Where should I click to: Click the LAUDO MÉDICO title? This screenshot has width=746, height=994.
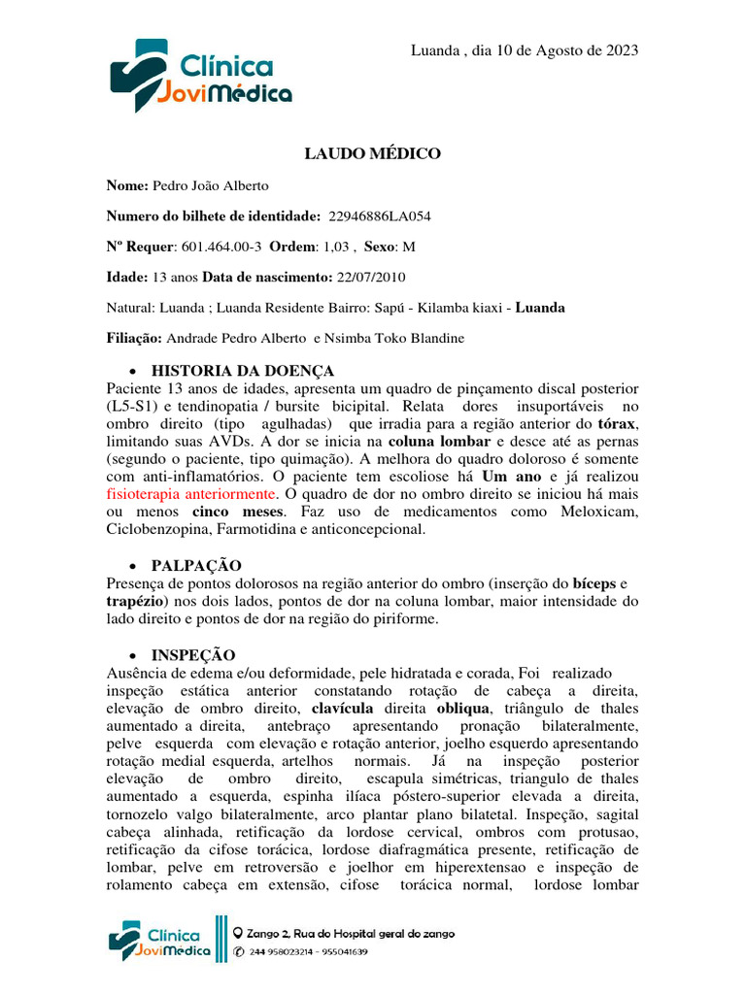[373, 153]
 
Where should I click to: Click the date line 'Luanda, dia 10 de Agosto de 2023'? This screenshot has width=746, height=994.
[525, 50]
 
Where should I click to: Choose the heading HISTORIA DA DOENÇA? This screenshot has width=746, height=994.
[243, 371]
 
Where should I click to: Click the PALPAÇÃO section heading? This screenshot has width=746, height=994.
[196, 566]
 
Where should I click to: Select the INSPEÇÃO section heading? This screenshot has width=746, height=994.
[193, 655]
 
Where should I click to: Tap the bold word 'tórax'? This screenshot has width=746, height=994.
[618, 424]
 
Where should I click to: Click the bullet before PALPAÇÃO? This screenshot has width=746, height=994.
[133, 567]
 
